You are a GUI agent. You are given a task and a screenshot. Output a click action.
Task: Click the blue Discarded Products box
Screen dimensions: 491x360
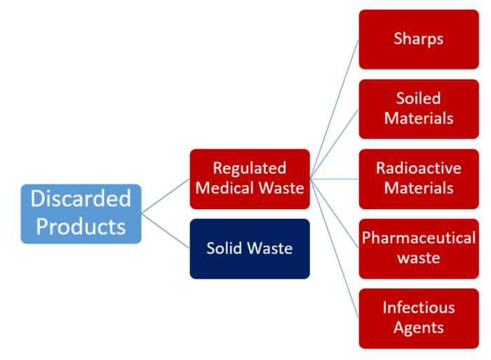(81, 213)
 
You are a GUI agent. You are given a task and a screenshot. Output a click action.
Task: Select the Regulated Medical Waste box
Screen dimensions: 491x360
(250, 179)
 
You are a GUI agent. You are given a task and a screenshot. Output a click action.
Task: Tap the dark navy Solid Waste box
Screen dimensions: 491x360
(250, 249)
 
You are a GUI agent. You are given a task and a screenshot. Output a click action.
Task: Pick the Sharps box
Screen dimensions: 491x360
(419, 39)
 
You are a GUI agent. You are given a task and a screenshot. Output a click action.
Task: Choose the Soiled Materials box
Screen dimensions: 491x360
(419, 109)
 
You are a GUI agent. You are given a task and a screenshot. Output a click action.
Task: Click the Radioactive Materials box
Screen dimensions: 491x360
(419, 179)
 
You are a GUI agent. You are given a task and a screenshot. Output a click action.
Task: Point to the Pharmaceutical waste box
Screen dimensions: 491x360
(419, 249)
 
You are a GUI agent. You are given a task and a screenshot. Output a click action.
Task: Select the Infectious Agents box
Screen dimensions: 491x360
(419, 319)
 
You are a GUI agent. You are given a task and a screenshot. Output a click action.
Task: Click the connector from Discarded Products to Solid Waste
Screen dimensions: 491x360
(166, 231)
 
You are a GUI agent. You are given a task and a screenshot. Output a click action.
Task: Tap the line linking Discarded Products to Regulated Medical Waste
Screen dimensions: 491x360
(166, 196)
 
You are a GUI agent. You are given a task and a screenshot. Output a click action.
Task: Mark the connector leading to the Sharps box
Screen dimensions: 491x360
(335, 109)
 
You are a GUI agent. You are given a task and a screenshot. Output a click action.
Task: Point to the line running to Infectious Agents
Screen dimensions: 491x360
(335, 248)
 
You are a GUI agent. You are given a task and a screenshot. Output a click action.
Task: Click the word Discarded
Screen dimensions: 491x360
(81, 199)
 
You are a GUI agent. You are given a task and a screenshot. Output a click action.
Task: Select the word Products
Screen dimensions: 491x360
(81, 226)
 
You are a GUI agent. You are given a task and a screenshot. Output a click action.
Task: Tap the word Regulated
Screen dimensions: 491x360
(250, 168)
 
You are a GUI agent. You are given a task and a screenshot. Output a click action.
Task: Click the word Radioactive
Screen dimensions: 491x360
(419, 168)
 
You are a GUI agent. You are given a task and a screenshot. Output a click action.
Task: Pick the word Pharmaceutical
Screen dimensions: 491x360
(419, 238)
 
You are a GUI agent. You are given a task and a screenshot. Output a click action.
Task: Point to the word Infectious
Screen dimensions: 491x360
(419, 307)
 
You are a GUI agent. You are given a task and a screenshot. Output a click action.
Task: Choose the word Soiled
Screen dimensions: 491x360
(419, 98)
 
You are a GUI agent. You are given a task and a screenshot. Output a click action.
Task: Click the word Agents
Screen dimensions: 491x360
(419, 328)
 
